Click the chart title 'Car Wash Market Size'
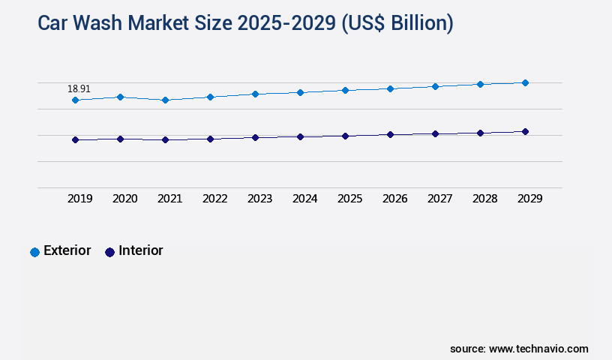point(245,23)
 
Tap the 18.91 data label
point(79,88)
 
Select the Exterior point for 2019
point(75,100)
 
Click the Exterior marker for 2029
point(525,82)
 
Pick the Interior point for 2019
point(75,139)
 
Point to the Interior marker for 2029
point(525,131)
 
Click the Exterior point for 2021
point(165,100)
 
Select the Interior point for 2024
point(300,136)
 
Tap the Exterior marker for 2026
point(390,88)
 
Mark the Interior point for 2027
point(435,133)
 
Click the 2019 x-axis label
point(79,199)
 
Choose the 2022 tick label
point(214,199)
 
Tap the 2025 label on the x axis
point(349,199)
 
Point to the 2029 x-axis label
point(529,199)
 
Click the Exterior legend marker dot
point(34,252)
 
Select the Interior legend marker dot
point(109,252)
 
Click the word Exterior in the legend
point(67,250)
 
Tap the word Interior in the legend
point(141,250)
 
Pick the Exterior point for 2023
point(255,94)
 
